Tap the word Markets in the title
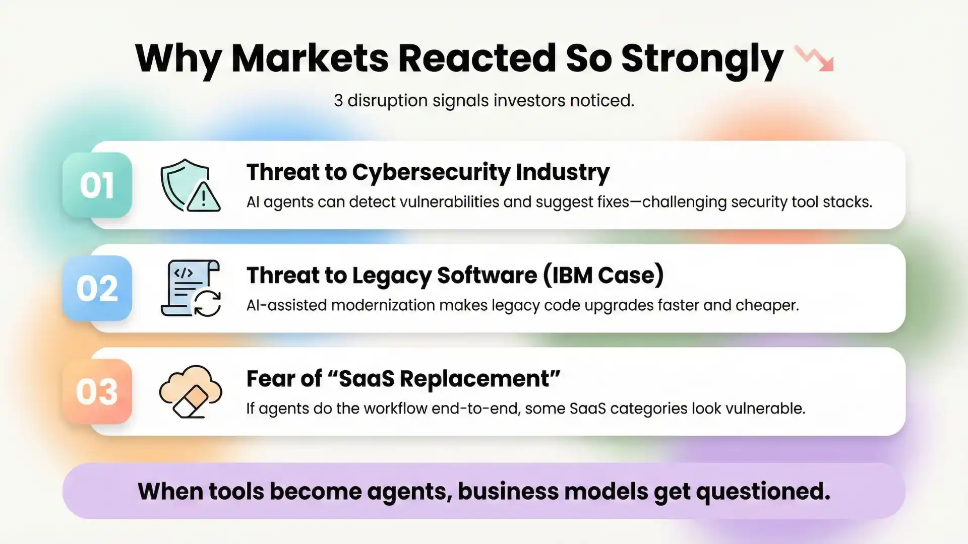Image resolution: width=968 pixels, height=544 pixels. (310, 58)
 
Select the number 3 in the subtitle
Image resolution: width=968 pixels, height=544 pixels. (338, 101)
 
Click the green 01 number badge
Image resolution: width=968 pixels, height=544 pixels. (97, 185)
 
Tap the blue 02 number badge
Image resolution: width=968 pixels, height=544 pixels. (97, 289)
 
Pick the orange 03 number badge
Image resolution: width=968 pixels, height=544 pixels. (97, 392)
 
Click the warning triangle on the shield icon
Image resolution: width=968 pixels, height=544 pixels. (203, 198)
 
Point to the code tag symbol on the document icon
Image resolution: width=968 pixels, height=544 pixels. (183, 273)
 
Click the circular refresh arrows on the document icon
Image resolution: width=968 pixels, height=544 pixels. (207, 303)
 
